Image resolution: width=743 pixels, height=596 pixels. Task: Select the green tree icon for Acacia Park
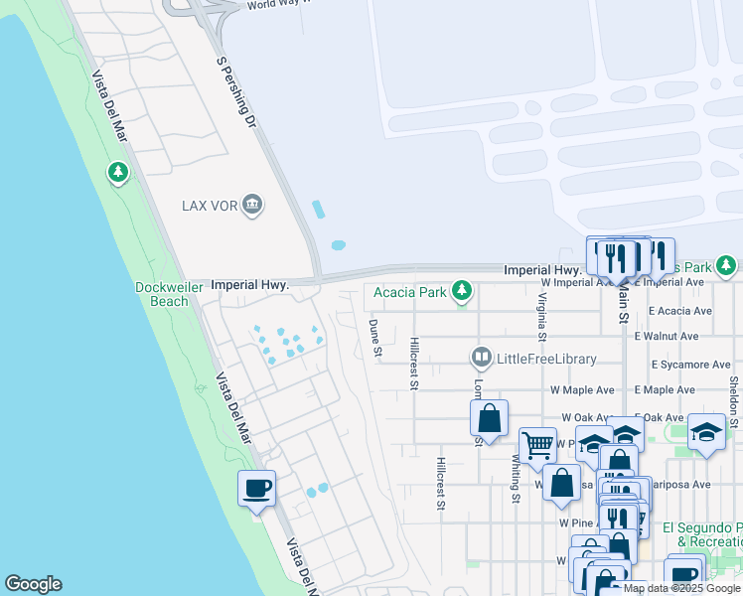point(461,291)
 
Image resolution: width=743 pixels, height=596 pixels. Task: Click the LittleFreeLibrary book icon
point(482,358)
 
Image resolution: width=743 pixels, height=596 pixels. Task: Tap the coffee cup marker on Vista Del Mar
point(256,488)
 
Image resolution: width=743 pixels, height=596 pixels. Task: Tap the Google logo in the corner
point(33,584)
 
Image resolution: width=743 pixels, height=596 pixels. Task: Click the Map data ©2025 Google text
point(681,588)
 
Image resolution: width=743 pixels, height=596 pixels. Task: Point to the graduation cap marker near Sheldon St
point(706,431)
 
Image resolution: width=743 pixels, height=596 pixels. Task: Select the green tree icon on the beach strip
point(118,174)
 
